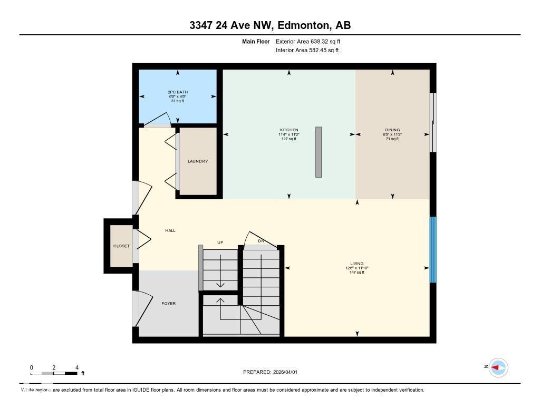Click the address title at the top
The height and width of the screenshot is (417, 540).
[x=270, y=25]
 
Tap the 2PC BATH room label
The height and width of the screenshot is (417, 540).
[x=178, y=92]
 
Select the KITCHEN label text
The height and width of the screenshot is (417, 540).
[x=289, y=130]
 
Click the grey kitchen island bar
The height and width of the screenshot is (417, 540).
[x=319, y=152]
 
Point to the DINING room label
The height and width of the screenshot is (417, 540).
[x=392, y=130]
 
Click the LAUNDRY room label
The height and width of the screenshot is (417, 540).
[x=198, y=161]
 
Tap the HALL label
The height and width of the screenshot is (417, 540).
[x=170, y=230]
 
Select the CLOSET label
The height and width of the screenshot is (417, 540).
[x=121, y=246]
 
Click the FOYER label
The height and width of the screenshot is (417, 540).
[x=169, y=304]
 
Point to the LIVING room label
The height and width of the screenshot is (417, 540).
[x=357, y=264]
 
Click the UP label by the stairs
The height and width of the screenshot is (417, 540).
[x=220, y=243]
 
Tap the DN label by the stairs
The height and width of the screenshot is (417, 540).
[x=261, y=241]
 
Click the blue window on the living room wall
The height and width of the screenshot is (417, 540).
[x=433, y=250]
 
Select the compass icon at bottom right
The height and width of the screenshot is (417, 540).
[x=498, y=367]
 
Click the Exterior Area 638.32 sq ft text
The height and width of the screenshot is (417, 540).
[x=312, y=41]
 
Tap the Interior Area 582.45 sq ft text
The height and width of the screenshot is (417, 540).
[x=307, y=51]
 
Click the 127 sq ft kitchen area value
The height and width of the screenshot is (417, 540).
[x=289, y=139]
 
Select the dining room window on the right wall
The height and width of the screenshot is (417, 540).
[x=433, y=122]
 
